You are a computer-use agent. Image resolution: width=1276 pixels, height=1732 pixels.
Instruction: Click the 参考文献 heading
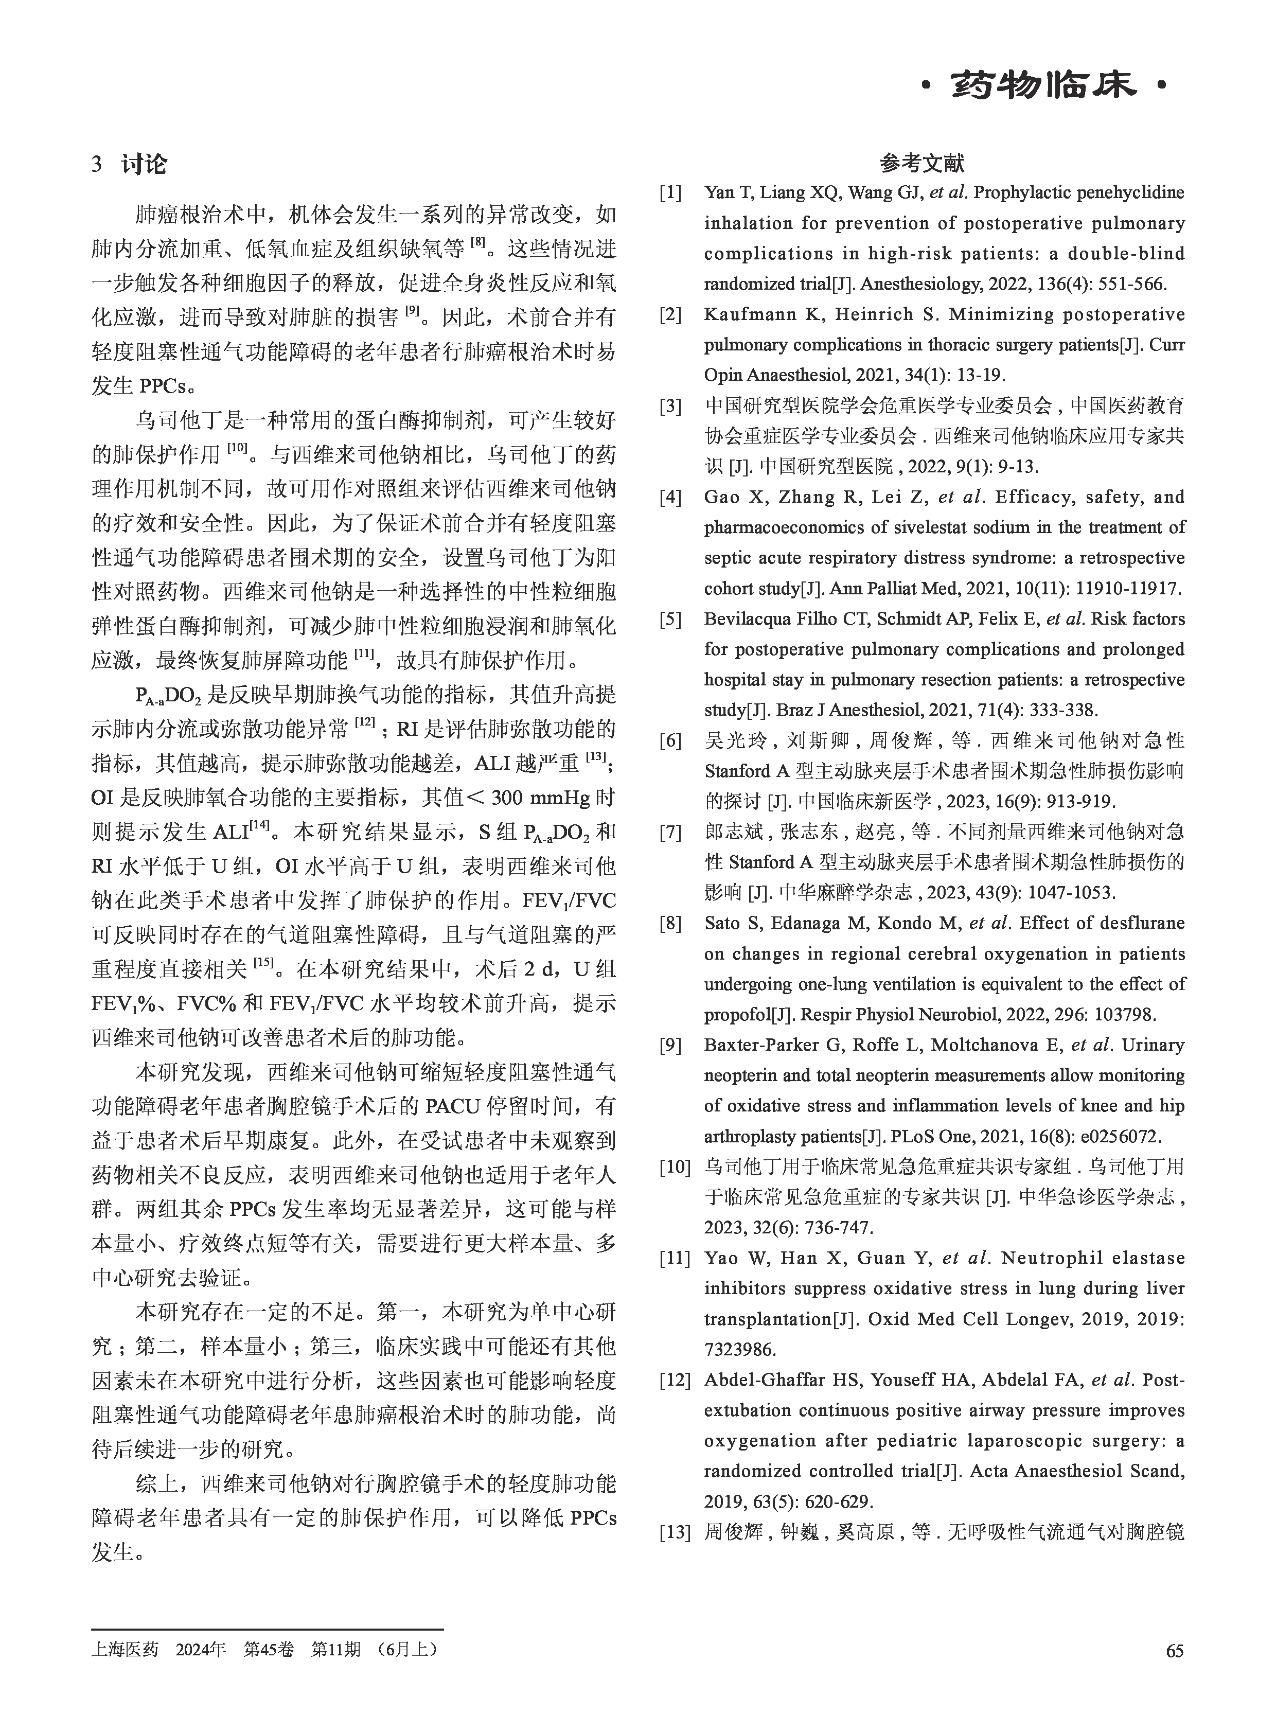[x=921, y=164]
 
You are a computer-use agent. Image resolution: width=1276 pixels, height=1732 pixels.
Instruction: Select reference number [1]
[x=670, y=193]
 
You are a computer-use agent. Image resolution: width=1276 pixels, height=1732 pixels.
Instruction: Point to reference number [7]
[x=670, y=832]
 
